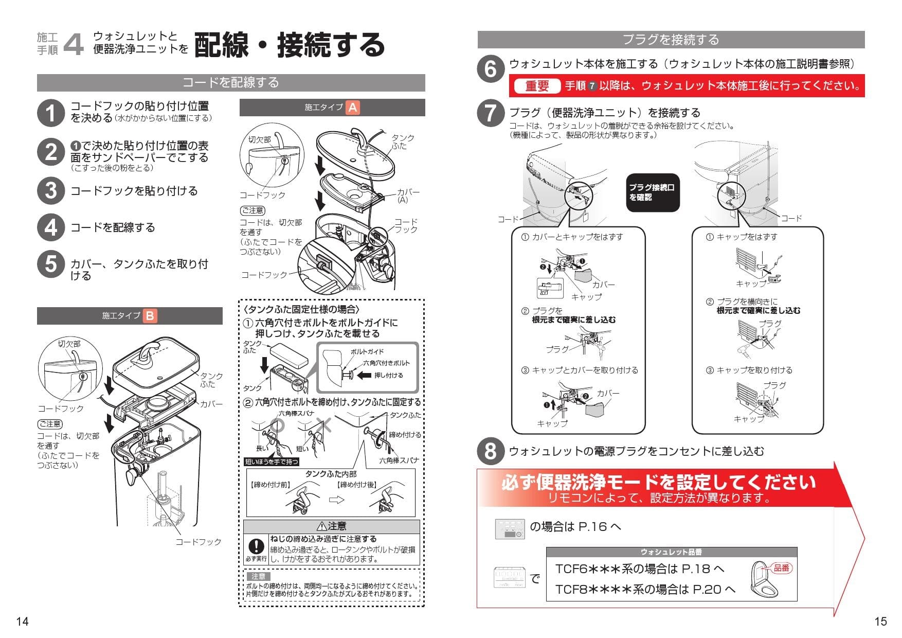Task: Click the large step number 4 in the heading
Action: coord(74,45)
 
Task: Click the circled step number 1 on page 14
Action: coord(50,112)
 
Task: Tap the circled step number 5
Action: coord(50,264)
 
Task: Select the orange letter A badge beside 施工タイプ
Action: coord(353,108)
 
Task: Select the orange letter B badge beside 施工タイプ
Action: coord(150,315)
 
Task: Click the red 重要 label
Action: coord(537,86)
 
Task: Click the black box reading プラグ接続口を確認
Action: coord(652,192)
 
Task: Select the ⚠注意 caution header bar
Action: coord(332,526)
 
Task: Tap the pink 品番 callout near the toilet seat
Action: coord(781,568)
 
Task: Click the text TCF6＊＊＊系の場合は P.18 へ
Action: coord(640,569)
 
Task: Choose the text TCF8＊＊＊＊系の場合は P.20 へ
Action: coord(645,590)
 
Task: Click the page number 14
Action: coord(22,622)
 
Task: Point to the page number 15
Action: coord(880,622)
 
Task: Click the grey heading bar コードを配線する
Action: coord(231,82)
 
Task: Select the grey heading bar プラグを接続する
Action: coord(671,40)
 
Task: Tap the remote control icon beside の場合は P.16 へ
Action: coord(510,529)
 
